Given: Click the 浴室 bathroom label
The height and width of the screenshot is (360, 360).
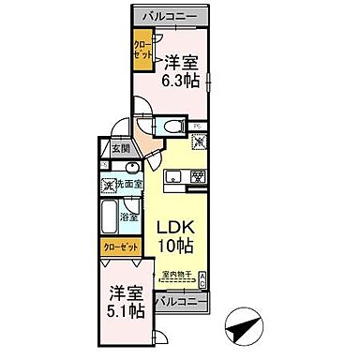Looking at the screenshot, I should point(130,217).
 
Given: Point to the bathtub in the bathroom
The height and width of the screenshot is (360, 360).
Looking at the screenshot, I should point(110,214).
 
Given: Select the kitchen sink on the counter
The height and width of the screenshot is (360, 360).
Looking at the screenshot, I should point(172,176).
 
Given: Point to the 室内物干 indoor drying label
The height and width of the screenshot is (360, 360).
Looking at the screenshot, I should point(177,275).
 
